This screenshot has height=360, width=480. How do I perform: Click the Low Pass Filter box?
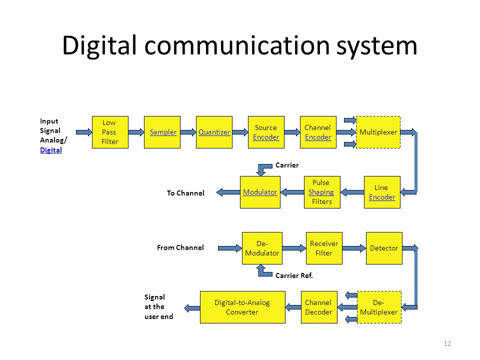point(110,132)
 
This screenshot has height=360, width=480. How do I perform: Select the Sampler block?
point(162,132)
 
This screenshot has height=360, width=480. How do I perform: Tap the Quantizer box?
point(214,132)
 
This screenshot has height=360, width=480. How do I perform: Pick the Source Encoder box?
point(266,132)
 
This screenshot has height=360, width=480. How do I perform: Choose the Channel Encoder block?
point(318,132)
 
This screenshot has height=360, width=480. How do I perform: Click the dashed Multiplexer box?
point(378,132)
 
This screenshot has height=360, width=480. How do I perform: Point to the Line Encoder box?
point(382,192)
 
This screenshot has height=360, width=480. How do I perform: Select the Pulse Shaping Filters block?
point(322,192)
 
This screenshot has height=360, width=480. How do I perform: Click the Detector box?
point(384,248)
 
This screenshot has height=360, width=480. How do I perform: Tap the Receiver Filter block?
point(324,248)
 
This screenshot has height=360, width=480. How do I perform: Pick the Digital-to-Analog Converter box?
point(243,307)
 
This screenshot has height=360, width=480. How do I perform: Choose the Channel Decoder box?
point(319,307)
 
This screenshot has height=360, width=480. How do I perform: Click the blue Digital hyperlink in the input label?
point(51,150)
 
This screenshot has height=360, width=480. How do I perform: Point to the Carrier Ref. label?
point(294,275)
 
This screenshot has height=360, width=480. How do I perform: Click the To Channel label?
point(185,193)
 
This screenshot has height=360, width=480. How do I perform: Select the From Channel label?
point(180,247)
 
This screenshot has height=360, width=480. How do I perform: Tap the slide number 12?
point(447,343)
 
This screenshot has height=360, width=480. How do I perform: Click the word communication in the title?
point(237,45)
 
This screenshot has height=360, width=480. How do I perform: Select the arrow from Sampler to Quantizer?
point(188,132)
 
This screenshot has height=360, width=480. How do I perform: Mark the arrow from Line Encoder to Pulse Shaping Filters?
point(352,192)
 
